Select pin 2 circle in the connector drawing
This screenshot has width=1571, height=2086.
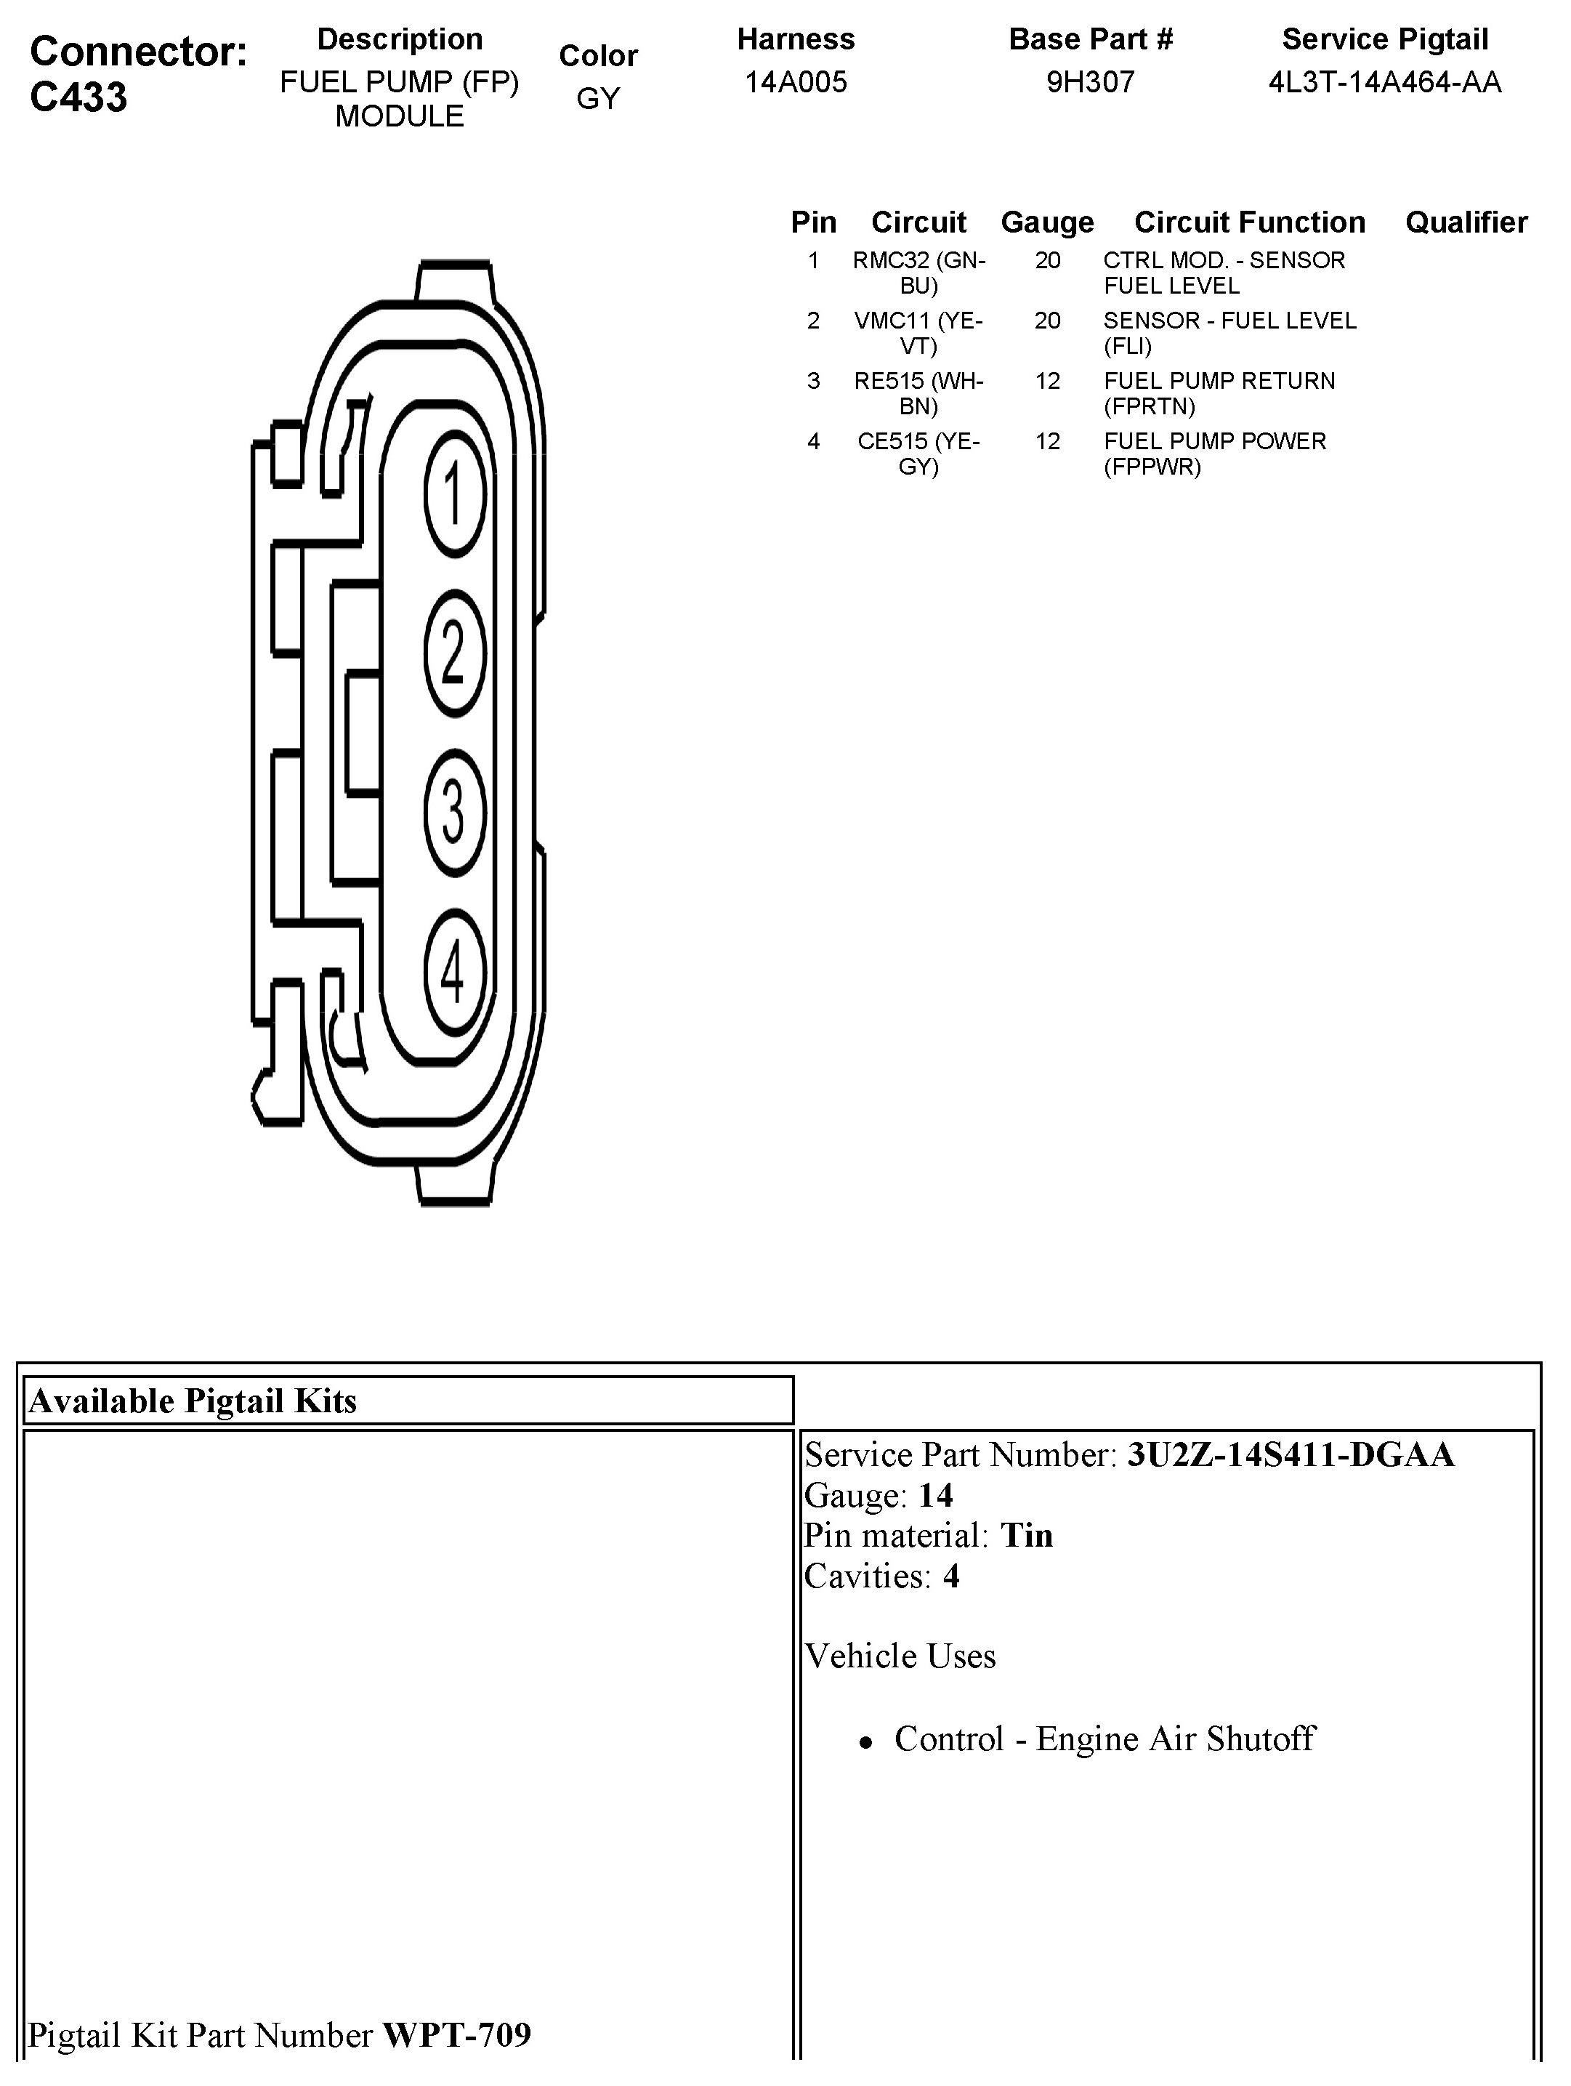click(x=455, y=653)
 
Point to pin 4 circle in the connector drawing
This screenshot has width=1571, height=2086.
click(x=455, y=971)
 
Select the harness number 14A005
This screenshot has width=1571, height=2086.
click(x=796, y=82)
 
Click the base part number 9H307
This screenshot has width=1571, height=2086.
click(x=1090, y=82)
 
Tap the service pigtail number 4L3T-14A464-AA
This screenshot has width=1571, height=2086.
click(x=1384, y=82)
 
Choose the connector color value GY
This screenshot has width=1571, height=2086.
click(x=598, y=98)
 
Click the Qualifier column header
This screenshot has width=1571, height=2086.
click(x=1466, y=222)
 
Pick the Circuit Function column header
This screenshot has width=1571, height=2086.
click(x=1249, y=222)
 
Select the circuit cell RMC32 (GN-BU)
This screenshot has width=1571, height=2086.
click(x=918, y=273)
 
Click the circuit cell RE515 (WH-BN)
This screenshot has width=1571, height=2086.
click(x=918, y=393)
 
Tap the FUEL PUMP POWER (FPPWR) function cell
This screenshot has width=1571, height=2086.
click(x=1214, y=454)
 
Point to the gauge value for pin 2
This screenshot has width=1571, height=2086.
click(x=1046, y=321)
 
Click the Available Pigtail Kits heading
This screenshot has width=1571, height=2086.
click(x=193, y=1401)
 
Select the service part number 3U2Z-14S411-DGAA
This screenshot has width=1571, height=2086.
click(x=1290, y=1455)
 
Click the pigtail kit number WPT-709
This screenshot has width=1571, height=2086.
click(x=456, y=2034)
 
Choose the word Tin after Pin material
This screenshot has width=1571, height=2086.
click(x=1026, y=1535)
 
